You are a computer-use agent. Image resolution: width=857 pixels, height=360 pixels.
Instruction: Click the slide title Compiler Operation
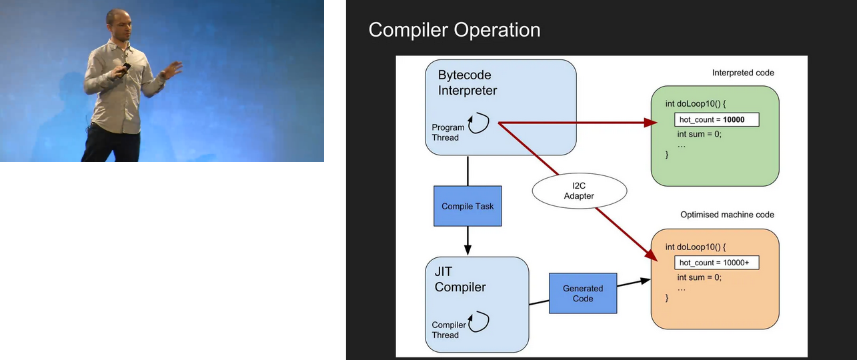[x=454, y=30]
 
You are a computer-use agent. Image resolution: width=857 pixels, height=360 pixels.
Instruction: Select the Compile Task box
[x=468, y=206]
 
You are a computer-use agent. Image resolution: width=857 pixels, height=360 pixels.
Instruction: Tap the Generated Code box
[x=583, y=293]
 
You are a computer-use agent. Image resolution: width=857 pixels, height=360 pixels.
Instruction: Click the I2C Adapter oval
[x=579, y=191]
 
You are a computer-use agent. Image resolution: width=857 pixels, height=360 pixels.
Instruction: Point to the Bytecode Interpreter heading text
[x=468, y=82]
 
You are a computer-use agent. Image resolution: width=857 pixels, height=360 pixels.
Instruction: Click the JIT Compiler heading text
[x=460, y=280]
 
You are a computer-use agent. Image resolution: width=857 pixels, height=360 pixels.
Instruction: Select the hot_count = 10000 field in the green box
[x=716, y=120]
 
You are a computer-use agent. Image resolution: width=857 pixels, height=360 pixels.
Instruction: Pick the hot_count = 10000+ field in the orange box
[x=716, y=263]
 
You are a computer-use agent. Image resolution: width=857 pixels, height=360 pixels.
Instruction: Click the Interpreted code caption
[x=743, y=73]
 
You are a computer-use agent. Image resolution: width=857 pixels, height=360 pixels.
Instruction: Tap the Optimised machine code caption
[x=727, y=215]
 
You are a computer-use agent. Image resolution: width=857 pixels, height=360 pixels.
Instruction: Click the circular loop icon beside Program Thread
[x=479, y=123]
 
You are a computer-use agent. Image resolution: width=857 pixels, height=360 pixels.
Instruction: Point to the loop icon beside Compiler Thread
[x=479, y=321]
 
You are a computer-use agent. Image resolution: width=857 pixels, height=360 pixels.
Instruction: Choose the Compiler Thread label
[x=448, y=330]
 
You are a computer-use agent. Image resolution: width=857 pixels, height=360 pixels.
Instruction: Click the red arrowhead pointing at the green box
[x=647, y=123]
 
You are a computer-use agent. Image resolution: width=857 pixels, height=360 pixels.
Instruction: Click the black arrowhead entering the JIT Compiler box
[x=468, y=250]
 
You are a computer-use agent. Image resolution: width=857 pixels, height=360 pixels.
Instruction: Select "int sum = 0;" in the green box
[x=700, y=134]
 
